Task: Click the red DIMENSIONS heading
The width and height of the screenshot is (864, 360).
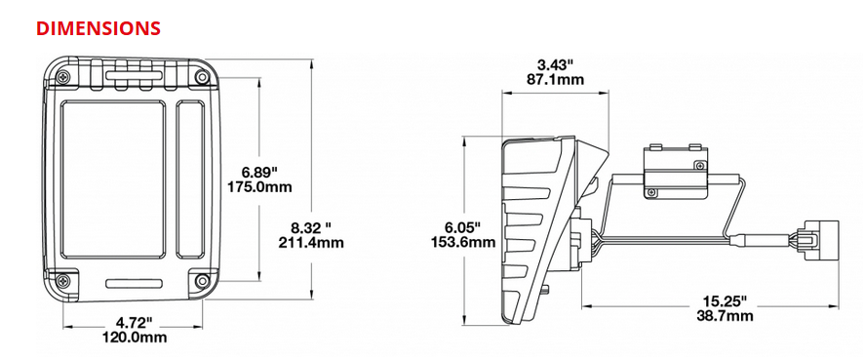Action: coord(98,28)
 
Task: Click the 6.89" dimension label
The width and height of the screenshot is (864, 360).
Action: coord(259,171)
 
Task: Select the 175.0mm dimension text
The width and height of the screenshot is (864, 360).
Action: coord(259,187)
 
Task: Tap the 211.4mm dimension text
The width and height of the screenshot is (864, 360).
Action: coord(311,242)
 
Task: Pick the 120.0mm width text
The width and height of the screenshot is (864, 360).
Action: coord(135,337)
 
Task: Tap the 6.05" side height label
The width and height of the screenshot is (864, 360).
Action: coord(463,226)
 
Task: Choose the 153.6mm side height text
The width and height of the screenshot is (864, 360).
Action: coord(463,242)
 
